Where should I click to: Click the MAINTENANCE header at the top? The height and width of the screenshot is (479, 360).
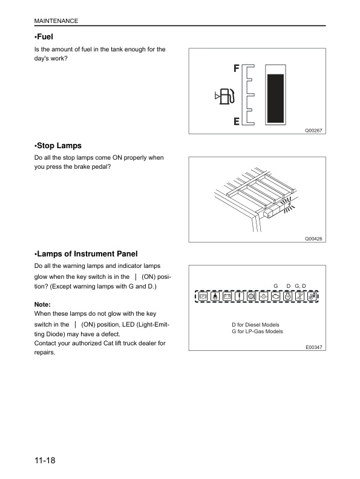click(56, 21)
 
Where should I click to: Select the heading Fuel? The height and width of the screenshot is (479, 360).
click(45, 37)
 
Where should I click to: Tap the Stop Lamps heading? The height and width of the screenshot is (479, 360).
click(58, 146)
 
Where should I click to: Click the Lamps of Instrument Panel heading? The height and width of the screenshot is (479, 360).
click(90, 253)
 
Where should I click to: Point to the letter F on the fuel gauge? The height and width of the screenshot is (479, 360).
click(237, 68)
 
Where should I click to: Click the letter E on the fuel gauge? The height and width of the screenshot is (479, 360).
click(237, 122)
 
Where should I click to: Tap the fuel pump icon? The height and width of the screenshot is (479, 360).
click(227, 96)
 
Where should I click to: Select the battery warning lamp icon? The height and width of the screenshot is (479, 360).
click(226, 296)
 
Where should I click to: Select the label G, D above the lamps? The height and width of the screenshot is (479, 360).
click(301, 285)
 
